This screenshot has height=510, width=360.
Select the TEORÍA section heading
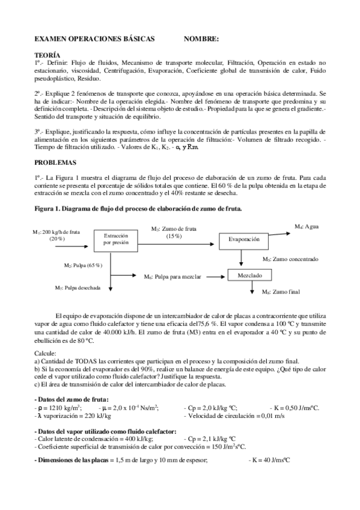[x=47, y=54]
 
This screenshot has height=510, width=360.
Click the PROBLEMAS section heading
[x=55, y=162]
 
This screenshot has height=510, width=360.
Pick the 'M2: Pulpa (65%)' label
[x=83, y=265]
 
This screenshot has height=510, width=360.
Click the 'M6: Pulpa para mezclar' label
[x=171, y=277]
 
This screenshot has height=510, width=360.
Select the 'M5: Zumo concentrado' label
[x=290, y=259]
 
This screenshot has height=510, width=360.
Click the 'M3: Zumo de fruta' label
[x=174, y=229]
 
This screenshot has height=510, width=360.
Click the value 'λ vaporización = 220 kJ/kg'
[x=70, y=416]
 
